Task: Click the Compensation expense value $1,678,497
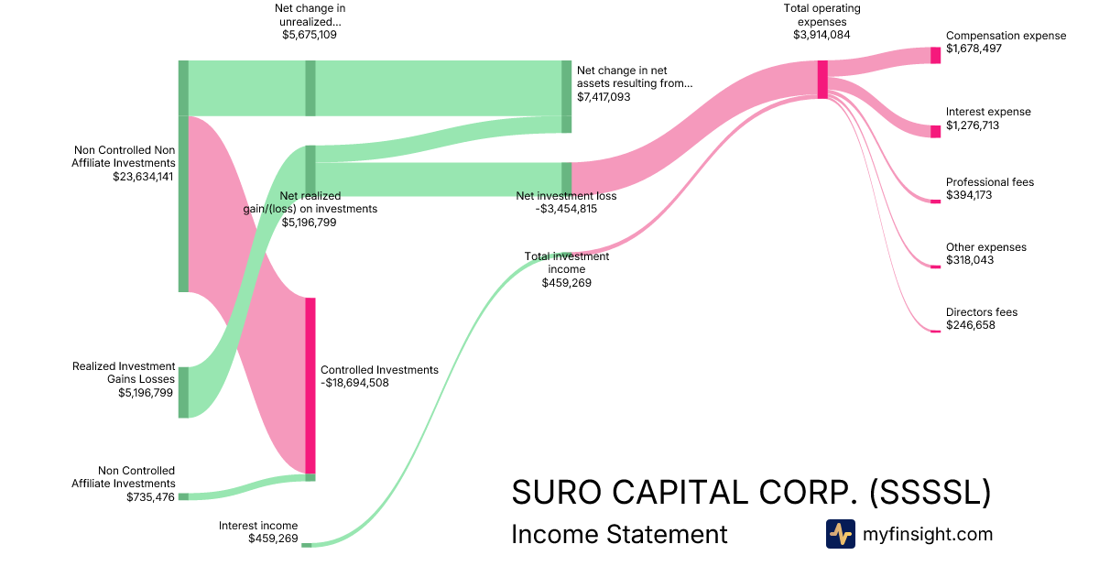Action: tap(974, 49)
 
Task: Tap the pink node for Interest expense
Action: tap(935, 132)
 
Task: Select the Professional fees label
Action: tap(989, 182)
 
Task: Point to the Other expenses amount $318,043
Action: tap(970, 260)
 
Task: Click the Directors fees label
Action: tap(981, 312)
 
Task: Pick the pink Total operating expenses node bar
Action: tap(822, 79)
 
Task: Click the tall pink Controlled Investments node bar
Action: tap(310, 385)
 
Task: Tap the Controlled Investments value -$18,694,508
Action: tap(354, 383)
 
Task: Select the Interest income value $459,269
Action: tap(273, 539)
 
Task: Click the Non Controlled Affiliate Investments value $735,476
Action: tap(151, 496)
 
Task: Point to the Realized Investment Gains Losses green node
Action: tap(183, 392)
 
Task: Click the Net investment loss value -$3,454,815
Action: tap(566, 209)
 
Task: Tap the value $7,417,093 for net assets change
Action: tap(604, 96)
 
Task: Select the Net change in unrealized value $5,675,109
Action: tap(310, 35)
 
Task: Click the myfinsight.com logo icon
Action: tap(840, 534)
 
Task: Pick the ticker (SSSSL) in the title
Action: tap(929, 492)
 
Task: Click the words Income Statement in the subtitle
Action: tap(619, 534)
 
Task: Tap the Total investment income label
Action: tap(566, 263)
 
